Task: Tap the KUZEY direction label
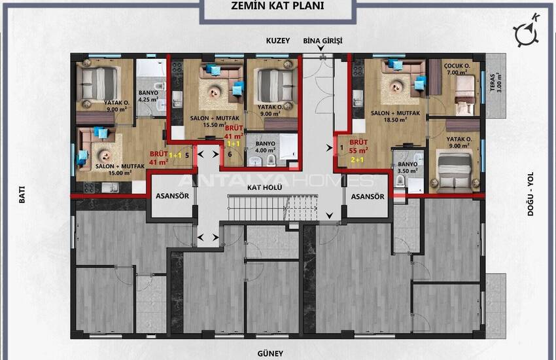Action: (278, 41)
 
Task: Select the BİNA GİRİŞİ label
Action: (322, 41)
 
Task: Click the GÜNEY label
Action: (270, 353)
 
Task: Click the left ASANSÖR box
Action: (171, 196)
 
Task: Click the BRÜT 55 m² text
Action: (358, 146)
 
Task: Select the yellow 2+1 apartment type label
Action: (358, 158)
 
